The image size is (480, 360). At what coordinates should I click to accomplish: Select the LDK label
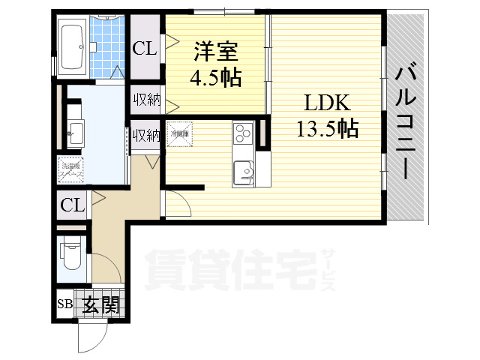[x=325, y=103]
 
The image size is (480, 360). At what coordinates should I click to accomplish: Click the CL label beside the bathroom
[x=144, y=49]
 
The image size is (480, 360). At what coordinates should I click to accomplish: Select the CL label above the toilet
[x=72, y=205]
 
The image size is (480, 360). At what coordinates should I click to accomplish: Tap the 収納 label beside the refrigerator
[x=146, y=135]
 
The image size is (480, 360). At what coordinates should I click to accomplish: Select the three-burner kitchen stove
[x=243, y=134]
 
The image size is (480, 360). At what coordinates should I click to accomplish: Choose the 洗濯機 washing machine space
[x=71, y=170]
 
